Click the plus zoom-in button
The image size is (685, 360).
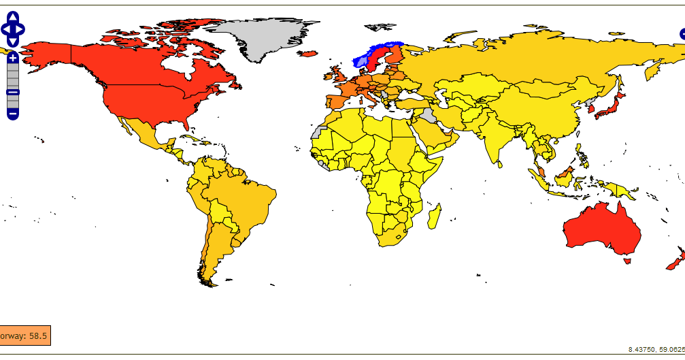pyautogui.click(x=12, y=59)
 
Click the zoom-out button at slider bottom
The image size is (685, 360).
pyautogui.click(x=12, y=113)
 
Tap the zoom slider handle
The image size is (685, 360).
pyautogui.click(x=12, y=92)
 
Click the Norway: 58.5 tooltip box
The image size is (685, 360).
pyautogui.click(x=24, y=336)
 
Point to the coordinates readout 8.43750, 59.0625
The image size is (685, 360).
pyautogui.click(x=656, y=349)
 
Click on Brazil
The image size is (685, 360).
pyautogui.click(x=248, y=197)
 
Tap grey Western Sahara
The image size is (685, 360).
pyautogui.click(x=317, y=131)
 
